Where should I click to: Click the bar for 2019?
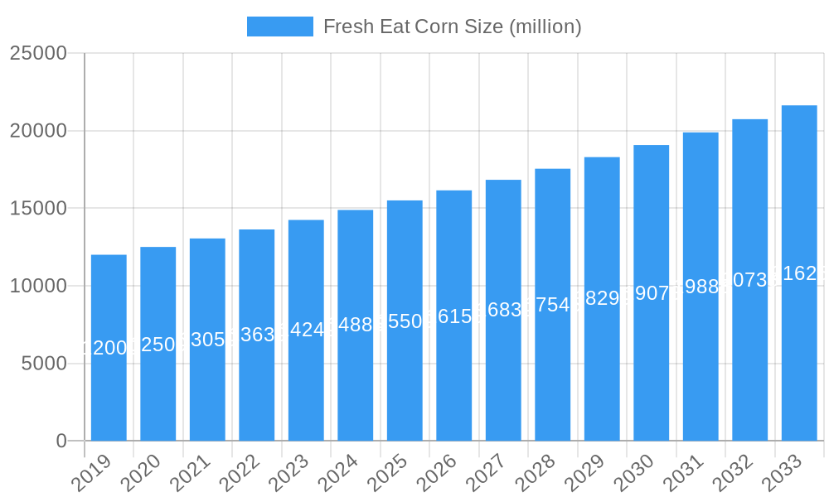(109, 348)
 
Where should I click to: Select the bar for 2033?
(799, 273)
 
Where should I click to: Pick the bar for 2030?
(652, 293)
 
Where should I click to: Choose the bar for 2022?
(257, 335)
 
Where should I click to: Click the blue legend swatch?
(280, 27)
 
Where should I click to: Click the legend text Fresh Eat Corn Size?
(452, 27)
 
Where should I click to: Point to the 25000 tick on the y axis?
(37, 53)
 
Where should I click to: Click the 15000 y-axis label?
(37, 208)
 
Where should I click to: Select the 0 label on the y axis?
(61, 442)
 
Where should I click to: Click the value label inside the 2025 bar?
(405, 321)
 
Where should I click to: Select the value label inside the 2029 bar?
(602, 298)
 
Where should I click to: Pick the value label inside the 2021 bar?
(207, 340)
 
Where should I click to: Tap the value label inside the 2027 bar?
(503, 310)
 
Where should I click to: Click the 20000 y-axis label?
(37, 131)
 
